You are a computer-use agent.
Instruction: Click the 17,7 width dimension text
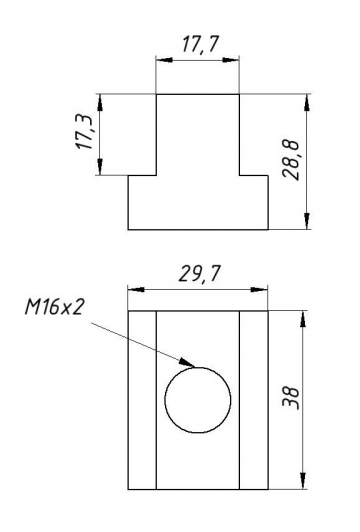pos(198,43)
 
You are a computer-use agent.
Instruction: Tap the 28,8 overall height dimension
pos(291,160)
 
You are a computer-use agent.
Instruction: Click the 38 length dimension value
pos(291,399)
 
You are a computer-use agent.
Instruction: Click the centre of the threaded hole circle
pos(197,401)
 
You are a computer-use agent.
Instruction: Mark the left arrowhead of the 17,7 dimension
pos(160,59)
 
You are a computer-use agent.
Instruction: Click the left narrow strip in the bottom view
pos(142,400)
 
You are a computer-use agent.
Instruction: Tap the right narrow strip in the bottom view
pos(256,400)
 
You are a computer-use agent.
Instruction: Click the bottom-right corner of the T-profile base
pos(271,229)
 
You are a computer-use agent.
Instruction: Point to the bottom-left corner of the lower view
pos(128,490)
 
